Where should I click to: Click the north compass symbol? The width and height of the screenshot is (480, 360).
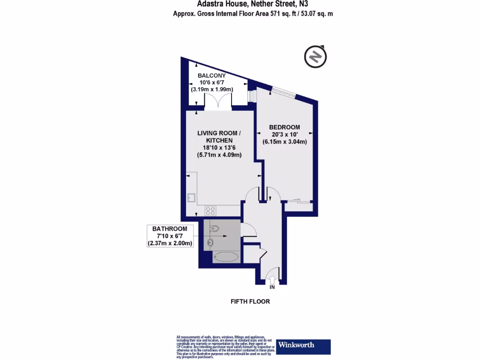tap(315, 57)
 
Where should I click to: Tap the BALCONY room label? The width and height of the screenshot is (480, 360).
tap(211, 75)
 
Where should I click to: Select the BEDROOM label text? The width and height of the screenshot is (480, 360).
tap(285, 127)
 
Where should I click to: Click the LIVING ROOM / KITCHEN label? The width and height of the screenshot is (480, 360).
tap(219, 137)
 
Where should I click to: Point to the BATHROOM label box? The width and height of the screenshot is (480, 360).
tap(170, 236)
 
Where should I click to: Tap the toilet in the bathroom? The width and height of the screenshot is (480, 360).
tap(214, 229)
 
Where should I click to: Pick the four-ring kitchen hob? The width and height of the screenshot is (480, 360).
tap(210, 211)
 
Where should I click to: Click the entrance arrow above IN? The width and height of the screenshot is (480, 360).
tap(272, 280)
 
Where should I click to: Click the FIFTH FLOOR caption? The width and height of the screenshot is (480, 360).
tap(250, 301)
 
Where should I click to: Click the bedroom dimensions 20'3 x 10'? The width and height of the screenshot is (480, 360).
tap(285, 135)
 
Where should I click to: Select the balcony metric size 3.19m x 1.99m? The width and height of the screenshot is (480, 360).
tap(211, 89)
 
